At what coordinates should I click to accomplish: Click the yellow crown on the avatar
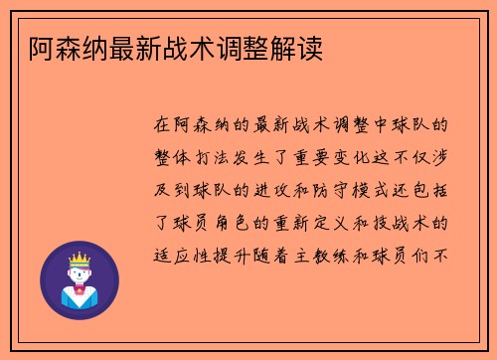click(79, 258)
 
